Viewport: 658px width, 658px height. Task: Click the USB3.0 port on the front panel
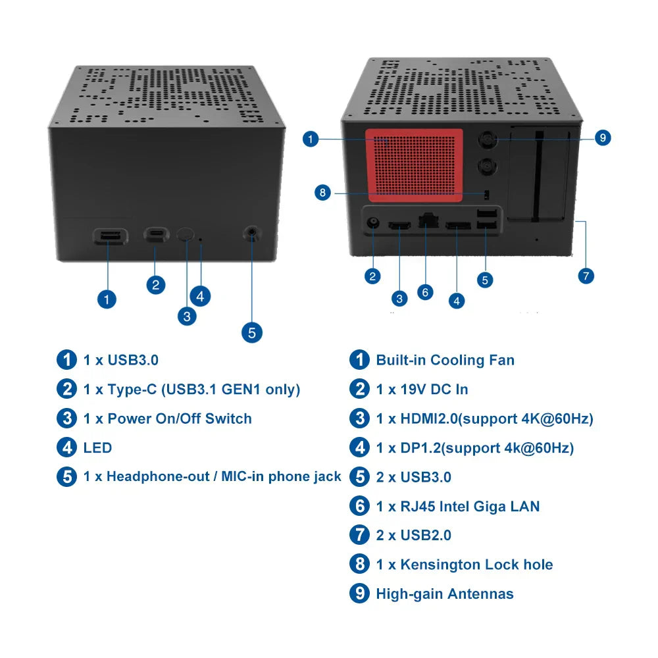pyautogui.click(x=109, y=236)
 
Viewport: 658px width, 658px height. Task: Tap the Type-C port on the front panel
pyautogui.click(x=155, y=234)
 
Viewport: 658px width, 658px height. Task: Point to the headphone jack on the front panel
pyautogui.click(x=251, y=232)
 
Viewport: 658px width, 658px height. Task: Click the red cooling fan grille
pyautogui.click(x=415, y=164)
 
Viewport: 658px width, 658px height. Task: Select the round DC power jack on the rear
pyautogui.click(x=373, y=223)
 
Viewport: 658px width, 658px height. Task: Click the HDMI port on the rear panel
pyautogui.click(x=399, y=227)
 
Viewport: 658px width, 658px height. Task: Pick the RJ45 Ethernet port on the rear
pyautogui.click(x=428, y=222)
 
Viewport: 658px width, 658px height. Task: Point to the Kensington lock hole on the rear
pyautogui.click(x=486, y=193)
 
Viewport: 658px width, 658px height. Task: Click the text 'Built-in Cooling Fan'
pyautogui.click(x=445, y=360)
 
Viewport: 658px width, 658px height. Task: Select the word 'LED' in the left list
pyautogui.click(x=97, y=448)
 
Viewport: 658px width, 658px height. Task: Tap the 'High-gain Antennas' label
pyautogui.click(x=444, y=594)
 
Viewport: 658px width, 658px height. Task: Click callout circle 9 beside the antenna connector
pyautogui.click(x=602, y=138)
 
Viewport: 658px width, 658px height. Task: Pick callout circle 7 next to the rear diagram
pyautogui.click(x=586, y=275)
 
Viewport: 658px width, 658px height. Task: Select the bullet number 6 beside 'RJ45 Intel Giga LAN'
pyautogui.click(x=359, y=506)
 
